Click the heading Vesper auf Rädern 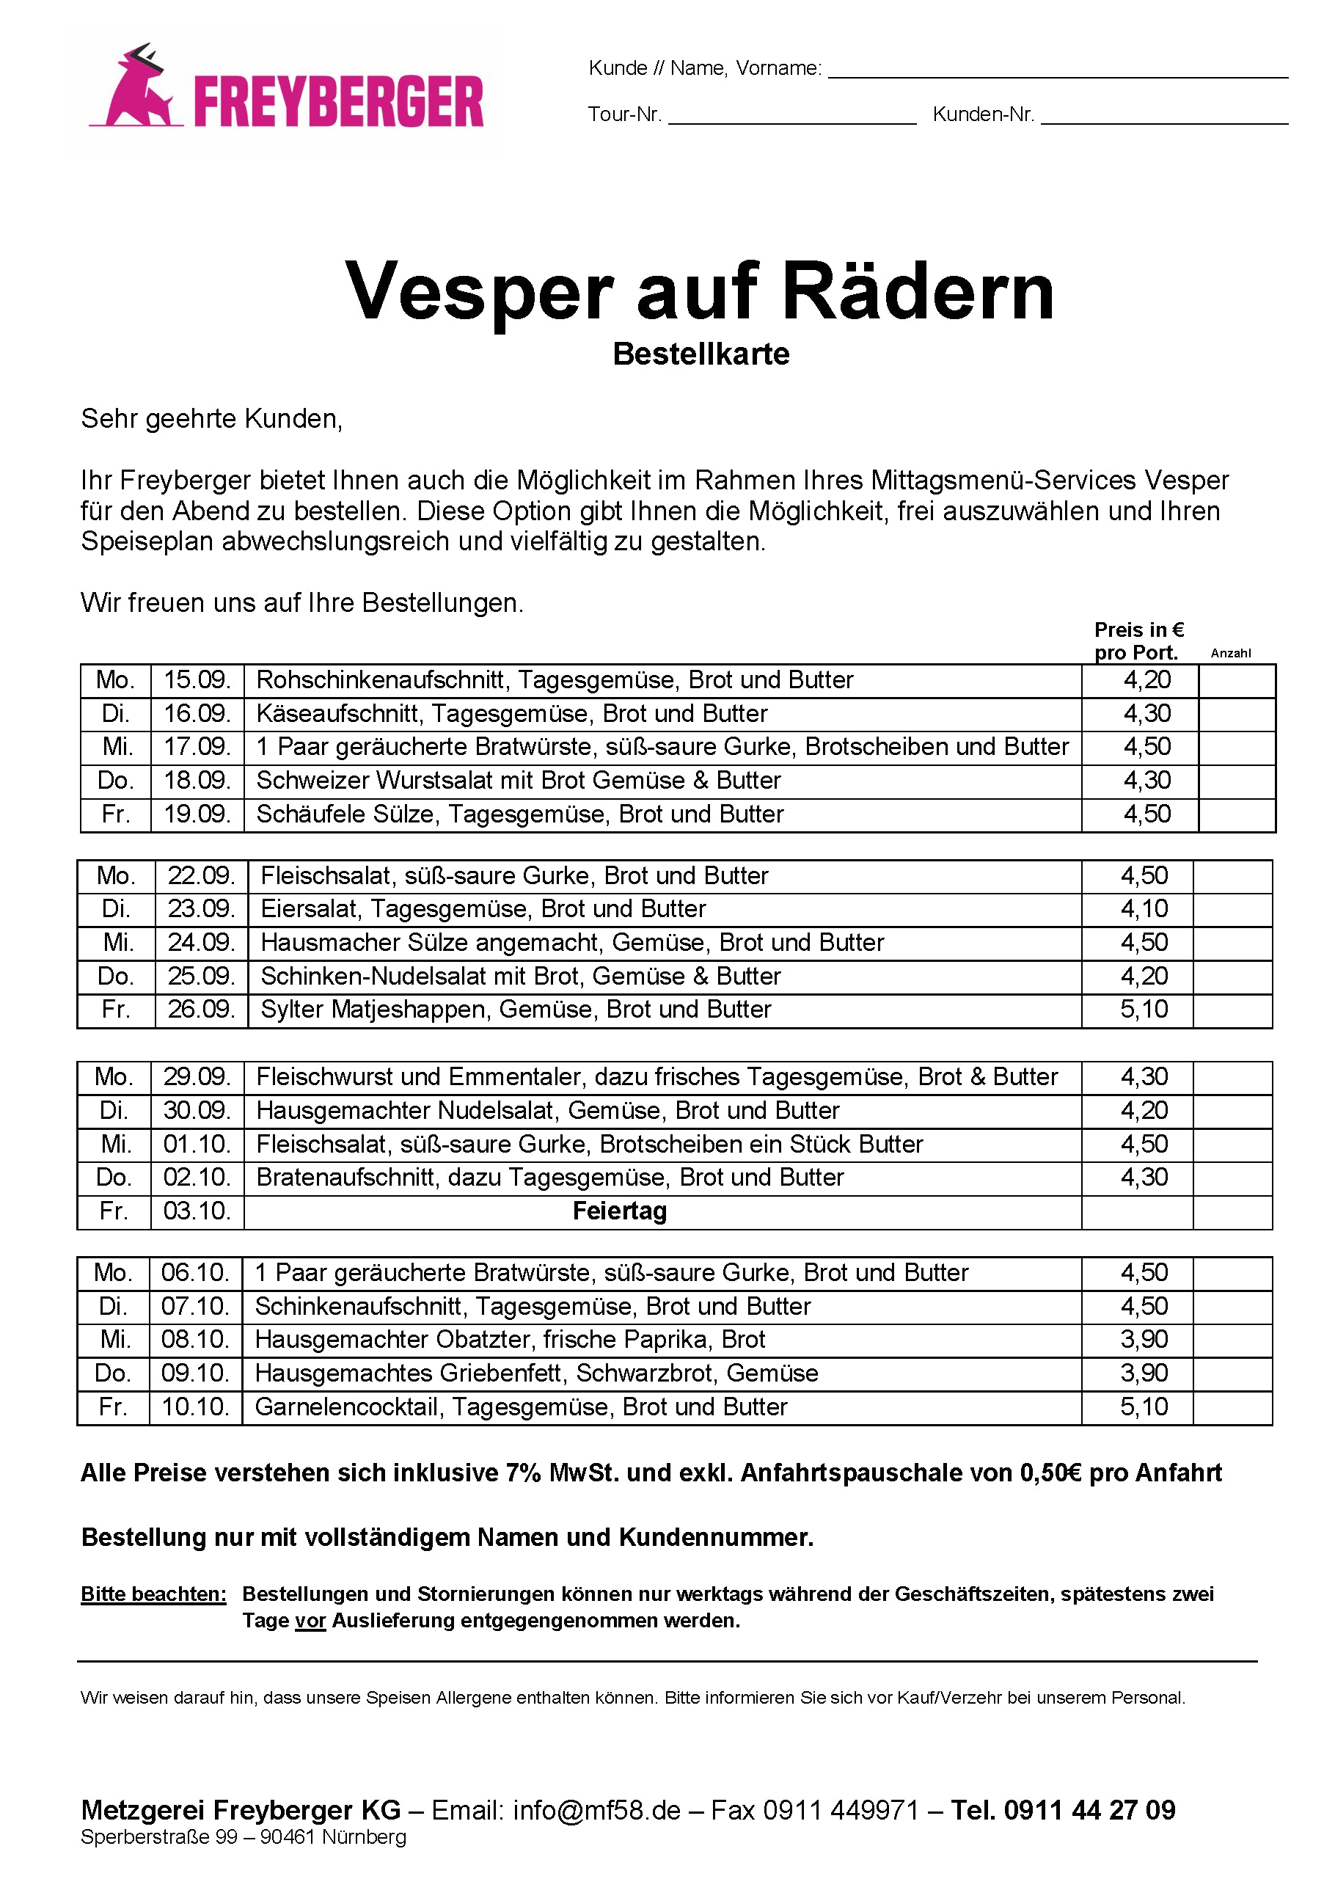click(x=700, y=291)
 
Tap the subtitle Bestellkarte click(x=701, y=354)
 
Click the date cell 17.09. click(x=197, y=748)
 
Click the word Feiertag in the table click(x=619, y=1211)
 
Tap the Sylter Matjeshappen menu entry click(x=516, y=1010)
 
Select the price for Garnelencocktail click(x=1144, y=1407)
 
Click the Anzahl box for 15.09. click(x=1237, y=681)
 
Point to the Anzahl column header click(x=1231, y=654)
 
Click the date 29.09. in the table click(x=197, y=1077)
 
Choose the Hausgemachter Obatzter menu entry click(x=510, y=1340)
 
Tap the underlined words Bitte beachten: click(x=153, y=1594)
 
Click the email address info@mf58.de click(x=597, y=1810)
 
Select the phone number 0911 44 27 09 click(x=1089, y=1810)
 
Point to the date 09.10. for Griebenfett click(x=195, y=1373)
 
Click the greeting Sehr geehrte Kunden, click(x=211, y=420)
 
